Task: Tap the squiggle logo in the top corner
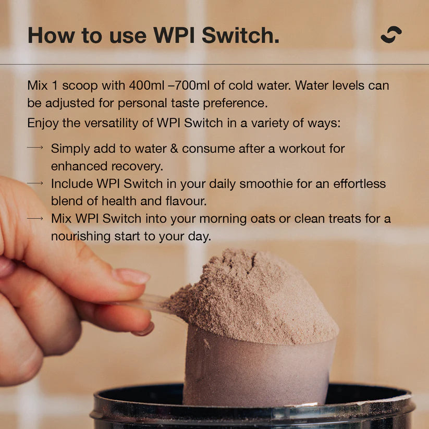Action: point(391,34)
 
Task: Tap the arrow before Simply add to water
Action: point(35,148)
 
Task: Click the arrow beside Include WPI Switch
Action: point(35,183)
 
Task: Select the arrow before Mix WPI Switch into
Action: point(35,218)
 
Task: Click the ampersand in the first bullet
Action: point(173,148)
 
